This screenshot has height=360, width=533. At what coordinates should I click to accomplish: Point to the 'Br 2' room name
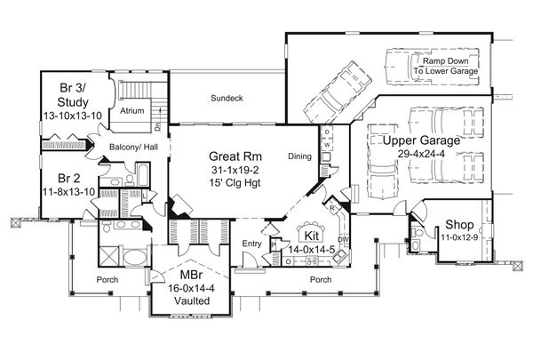[x=59, y=177]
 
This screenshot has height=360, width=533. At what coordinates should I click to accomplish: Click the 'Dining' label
[x=301, y=156]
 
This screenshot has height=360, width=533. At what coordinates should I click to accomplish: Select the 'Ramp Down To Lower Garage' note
[x=446, y=64]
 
